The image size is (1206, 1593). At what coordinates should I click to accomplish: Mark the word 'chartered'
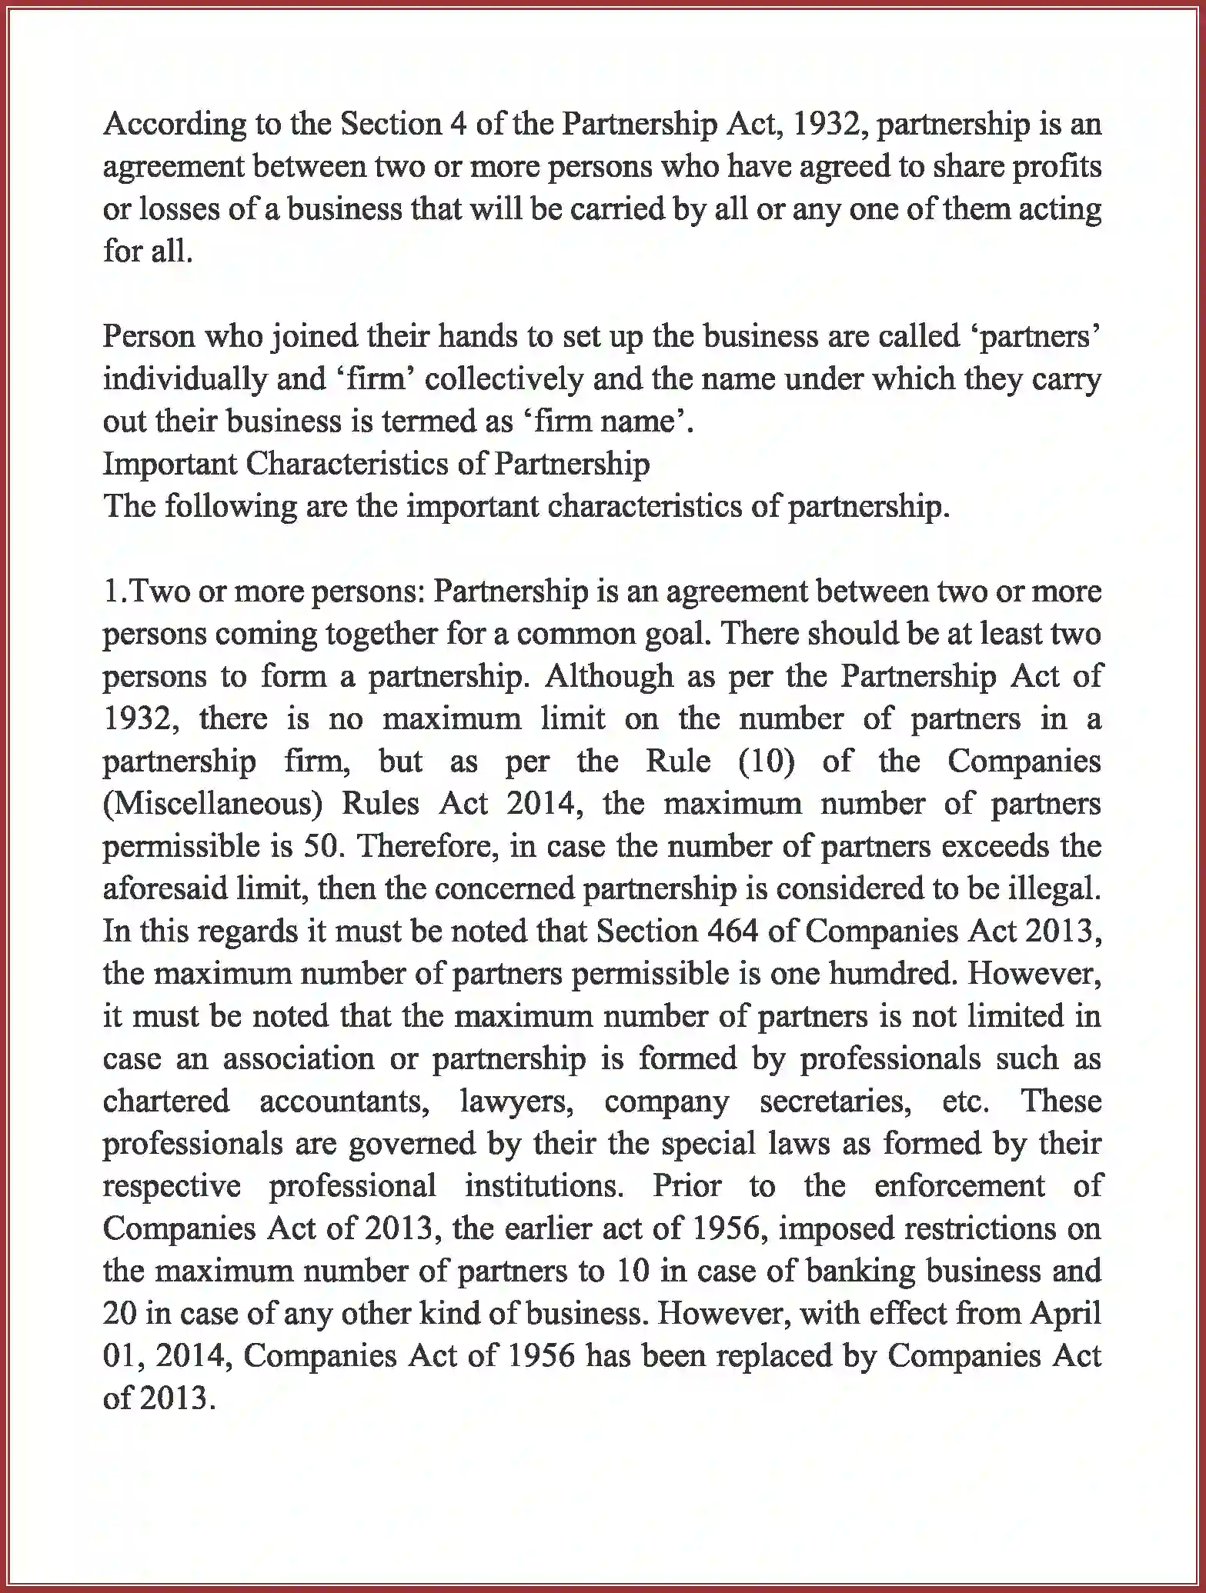tap(166, 1101)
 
